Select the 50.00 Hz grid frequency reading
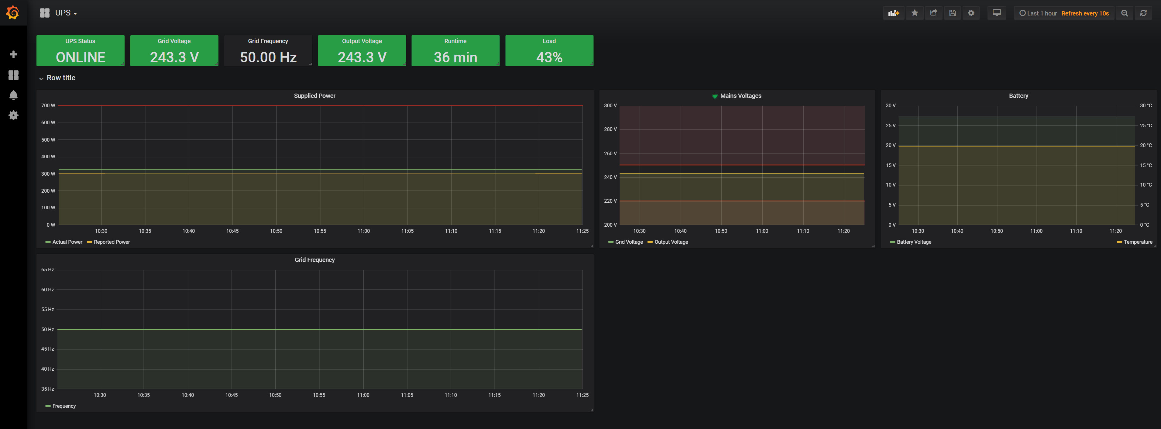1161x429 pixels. point(268,57)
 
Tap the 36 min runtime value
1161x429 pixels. point(455,57)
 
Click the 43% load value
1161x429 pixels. point(549,57)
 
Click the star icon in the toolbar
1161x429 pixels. point(915,13)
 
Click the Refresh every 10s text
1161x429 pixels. point(1085,13)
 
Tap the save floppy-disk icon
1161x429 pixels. point(952,13)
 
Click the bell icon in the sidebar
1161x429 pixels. point(13,95)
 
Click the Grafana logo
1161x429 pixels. point(13,13)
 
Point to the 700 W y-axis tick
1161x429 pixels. point(48,105)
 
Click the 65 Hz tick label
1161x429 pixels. point(47,269)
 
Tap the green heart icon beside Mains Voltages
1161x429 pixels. point(715,96)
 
